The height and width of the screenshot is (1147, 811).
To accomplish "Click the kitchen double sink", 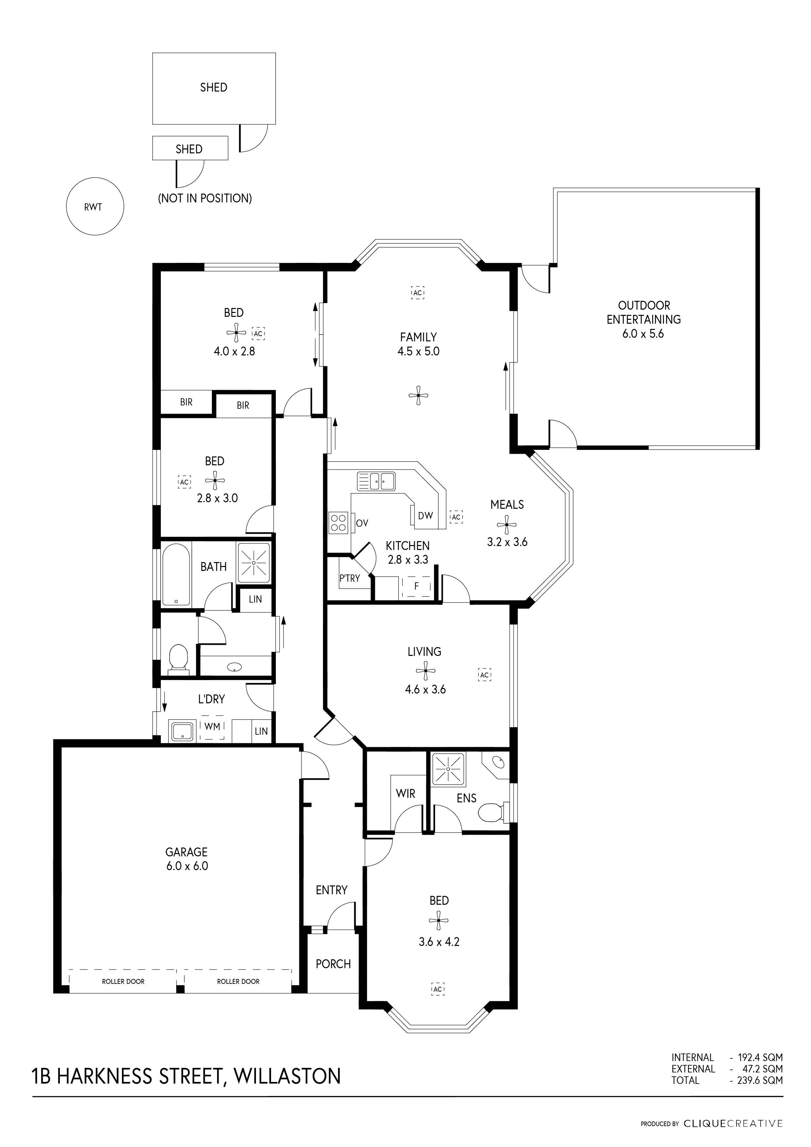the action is pos(376,481).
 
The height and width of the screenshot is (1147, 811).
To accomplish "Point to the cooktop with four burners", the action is pos(338,522).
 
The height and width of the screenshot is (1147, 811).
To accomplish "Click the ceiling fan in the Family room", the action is pos(418,395).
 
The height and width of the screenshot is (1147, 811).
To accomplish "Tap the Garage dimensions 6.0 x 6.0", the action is pos(187,866).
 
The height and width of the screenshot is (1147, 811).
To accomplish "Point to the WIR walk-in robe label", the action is pos(405,793).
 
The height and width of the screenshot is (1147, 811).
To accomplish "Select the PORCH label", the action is pos(333,964).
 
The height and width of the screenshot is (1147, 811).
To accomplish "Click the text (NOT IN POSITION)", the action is pos(205,198).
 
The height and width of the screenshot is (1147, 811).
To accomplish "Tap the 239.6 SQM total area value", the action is pos(760,1080).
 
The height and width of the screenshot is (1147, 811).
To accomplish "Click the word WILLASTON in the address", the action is pos(288,1076).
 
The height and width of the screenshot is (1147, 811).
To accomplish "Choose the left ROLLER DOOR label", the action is pos(123,982).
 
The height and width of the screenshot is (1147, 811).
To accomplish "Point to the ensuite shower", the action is pos(448,768).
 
